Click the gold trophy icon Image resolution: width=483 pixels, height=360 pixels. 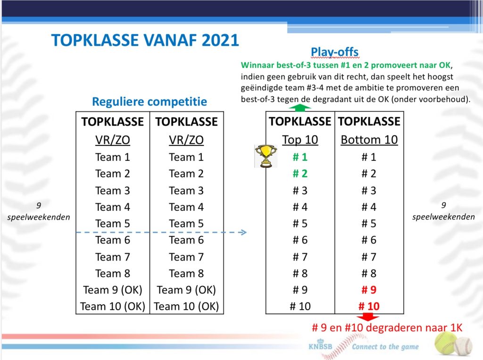(266, 156)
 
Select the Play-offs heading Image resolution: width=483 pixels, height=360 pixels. (334, 52)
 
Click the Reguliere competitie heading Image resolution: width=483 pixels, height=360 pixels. (150, 101)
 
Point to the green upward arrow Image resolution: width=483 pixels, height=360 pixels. (300, 108)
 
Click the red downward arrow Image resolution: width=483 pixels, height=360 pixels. (368, 317)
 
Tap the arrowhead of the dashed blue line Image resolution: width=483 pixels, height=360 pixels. (243, 232)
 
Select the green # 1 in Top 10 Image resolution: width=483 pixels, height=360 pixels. (300, 157)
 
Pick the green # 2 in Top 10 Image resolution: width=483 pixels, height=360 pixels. (300, 174)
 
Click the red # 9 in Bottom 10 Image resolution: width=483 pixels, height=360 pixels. (369, 290)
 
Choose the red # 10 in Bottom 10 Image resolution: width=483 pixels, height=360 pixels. (369, 306)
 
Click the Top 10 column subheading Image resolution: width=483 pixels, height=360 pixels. (300, 140)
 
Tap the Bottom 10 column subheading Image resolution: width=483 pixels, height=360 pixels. (369, 140)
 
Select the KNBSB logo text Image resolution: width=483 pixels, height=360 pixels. (320, 346)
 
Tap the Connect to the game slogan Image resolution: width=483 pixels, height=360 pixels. (385, 347)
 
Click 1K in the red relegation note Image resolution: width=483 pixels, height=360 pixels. (456, 327)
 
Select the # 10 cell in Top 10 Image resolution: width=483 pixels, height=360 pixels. (300, 306)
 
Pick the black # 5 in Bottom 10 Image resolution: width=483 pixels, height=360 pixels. (369, 224)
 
